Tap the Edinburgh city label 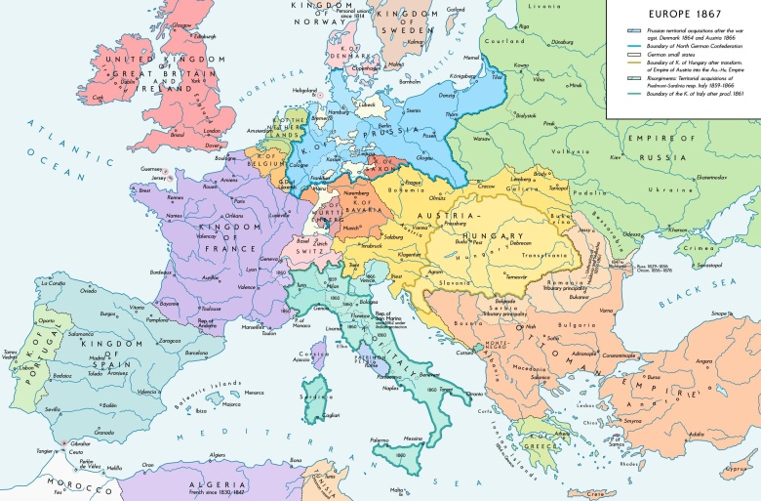(x=205, y=38)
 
